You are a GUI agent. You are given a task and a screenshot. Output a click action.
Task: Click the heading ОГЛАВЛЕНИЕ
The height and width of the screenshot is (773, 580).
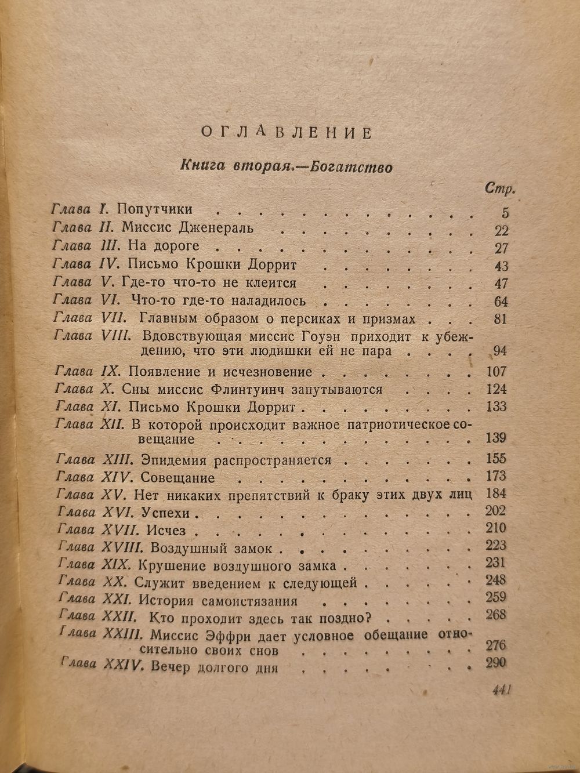point(286,133)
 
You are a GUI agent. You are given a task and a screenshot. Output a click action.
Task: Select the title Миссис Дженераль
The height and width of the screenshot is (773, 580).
point(188,228)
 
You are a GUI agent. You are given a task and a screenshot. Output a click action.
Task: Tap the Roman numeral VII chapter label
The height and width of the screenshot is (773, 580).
point(113,318)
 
